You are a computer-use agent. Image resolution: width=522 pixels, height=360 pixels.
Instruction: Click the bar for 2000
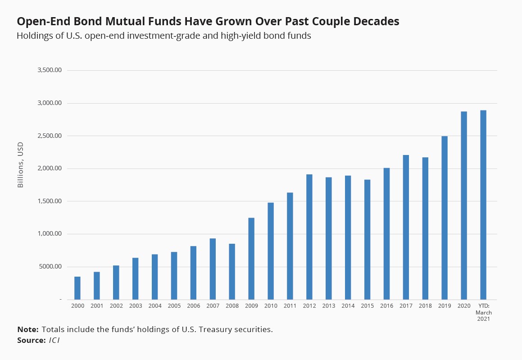point(77,288)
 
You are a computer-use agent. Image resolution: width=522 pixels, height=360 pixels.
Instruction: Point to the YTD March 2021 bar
point(483,205)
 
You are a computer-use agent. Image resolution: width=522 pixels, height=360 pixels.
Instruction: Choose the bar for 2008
point(232,271)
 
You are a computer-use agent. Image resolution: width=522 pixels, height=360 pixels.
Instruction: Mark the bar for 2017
point(406,227)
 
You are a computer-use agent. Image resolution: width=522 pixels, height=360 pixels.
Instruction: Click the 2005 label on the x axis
point(174,306)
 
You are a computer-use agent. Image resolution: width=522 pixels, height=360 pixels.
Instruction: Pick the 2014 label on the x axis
point(348,306)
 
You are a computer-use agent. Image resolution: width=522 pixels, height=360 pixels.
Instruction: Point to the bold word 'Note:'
point(28,329)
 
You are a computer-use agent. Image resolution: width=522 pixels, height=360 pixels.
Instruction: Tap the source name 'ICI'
point(54,340)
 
